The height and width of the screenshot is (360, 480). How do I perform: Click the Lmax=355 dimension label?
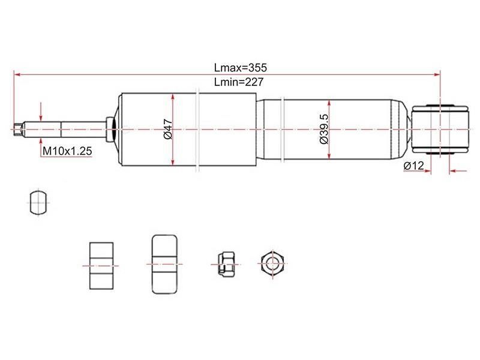coord(239,68)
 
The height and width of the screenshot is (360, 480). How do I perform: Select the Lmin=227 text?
coord(238,83)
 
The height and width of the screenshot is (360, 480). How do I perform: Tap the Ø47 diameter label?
coord(168,130)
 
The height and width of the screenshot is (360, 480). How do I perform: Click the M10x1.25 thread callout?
coord(67,152)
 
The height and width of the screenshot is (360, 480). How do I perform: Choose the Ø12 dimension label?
coord(413,166)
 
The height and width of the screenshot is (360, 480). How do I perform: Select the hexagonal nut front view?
coord(272,263)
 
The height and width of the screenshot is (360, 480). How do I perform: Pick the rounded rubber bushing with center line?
coord(165,264)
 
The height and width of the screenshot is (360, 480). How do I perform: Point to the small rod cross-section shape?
coord(37,202)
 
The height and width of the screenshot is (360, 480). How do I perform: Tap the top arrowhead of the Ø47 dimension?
coord(173,97)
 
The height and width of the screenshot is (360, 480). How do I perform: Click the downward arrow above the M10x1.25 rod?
coord(41,115)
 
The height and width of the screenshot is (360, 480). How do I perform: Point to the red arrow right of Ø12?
coord(458,171)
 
